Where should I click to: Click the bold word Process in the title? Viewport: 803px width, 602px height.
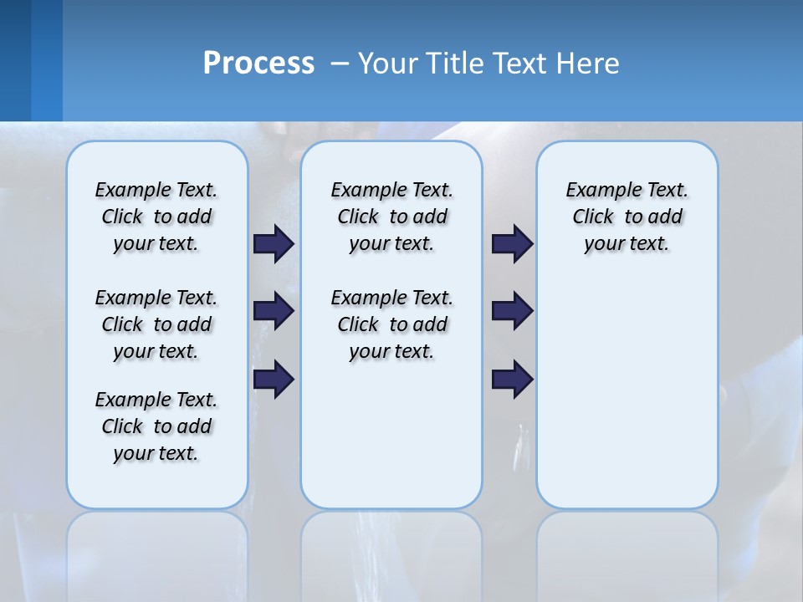coord(258,64)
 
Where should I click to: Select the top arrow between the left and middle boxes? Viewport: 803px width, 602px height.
coord(274,243)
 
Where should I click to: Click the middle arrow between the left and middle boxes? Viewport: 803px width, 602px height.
coord(274,311)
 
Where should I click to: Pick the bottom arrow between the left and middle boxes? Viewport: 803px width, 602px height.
coord(274,380)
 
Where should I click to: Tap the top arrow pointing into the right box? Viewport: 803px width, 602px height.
coord(512,243)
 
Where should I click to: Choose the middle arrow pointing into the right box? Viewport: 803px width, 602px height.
coord(512,311)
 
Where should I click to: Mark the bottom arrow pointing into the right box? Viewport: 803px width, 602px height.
coord(512,380)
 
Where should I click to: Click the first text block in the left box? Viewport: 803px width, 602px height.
coord(156,217)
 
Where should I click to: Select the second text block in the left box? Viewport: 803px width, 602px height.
coord(156,324)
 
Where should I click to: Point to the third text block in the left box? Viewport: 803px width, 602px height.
coord(156,426)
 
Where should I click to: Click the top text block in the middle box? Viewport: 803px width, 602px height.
coord(391,217)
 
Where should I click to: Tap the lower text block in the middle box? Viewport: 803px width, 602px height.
coord(391,324)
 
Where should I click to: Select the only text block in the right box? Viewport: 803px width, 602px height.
coord(627,217)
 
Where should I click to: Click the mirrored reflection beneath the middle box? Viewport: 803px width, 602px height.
coord(391,552)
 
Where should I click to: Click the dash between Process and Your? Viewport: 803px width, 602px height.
coord(340,64)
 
